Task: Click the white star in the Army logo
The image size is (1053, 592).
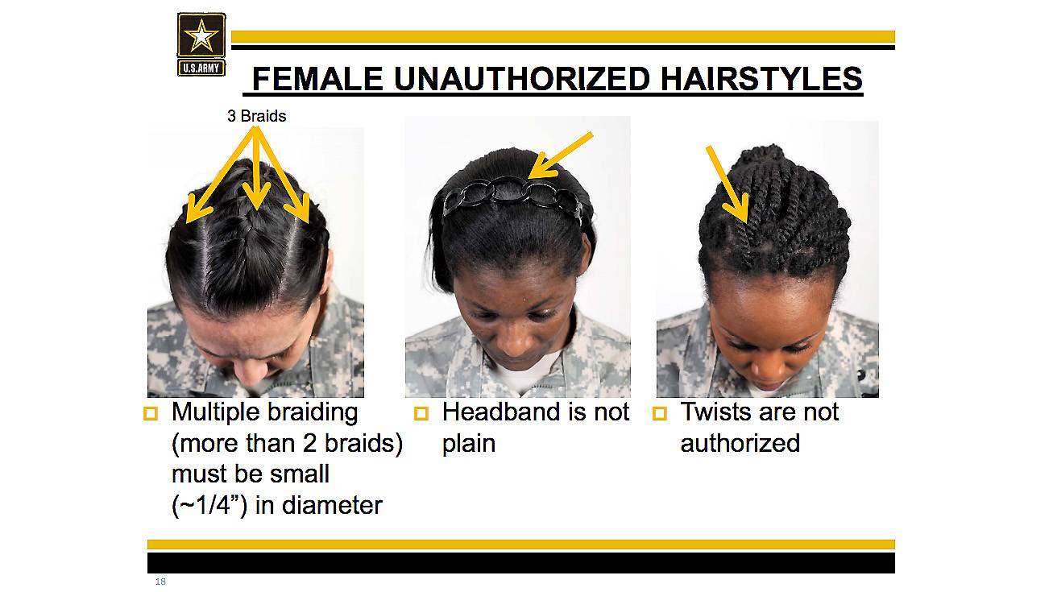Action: [x=201, y=35]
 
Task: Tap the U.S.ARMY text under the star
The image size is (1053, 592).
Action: [x=201, y=68]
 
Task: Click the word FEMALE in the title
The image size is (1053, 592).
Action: [x=317, y=78]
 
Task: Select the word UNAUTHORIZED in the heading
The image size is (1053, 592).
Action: [x=522, y=78]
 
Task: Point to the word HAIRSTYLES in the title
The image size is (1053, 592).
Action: [x=761, y=78]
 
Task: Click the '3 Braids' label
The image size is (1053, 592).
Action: [x=257, y=116]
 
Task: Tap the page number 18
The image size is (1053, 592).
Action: [x=160, y=582]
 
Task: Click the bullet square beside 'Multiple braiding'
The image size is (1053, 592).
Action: [x=151, y=413]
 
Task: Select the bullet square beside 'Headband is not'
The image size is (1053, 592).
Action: [x=421, y=413]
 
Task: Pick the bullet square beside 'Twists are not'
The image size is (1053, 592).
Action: [x=660, y=413]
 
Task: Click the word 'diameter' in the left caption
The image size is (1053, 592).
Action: [x=332, y=506]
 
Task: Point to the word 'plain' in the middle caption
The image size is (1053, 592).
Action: [x=469, y=444]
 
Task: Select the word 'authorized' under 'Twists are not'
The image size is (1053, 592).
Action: [x=740, y=443]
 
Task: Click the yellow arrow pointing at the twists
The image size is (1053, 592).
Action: [x=728, y=184]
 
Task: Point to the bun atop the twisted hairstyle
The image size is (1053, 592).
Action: [x=762, y=155]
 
